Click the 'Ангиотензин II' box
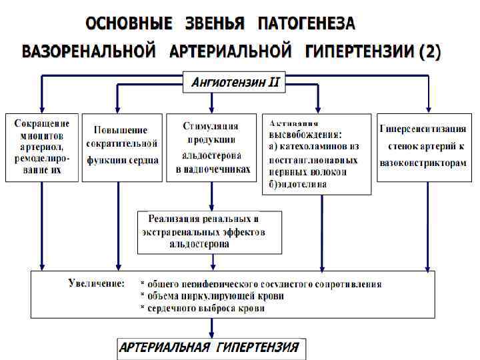coord(235,83)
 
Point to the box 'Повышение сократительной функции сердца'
coord(121,147)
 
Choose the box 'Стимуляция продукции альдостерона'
coord(211,147)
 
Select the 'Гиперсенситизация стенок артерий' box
coord(422,147)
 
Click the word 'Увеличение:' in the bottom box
coord(96,283)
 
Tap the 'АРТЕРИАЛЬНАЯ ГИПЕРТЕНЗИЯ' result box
coord(209,348)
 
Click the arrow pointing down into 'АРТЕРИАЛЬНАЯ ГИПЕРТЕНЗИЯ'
coord(212,328)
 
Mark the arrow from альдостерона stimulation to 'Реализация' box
coord(212,196)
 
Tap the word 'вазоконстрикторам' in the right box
coord(423,163)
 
